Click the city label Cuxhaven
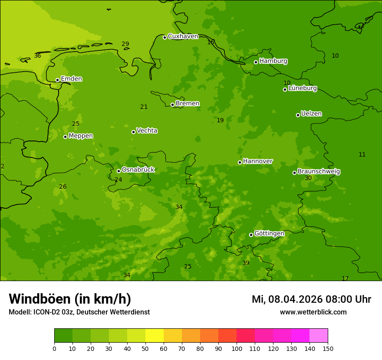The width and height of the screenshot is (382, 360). pos(183,36)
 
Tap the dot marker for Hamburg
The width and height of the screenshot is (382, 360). pos(256,62)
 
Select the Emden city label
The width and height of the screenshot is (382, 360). pos(71,79)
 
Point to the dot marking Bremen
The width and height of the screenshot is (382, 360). pos(172,105)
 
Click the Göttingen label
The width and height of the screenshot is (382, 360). pos(269,234)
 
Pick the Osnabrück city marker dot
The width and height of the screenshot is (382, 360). pos(119,171)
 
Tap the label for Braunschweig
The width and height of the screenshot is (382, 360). pos(319,172)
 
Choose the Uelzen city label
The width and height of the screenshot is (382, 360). pos(311,114)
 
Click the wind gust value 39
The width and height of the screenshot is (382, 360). pos(246,263)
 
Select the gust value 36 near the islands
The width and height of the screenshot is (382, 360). pos(37,56)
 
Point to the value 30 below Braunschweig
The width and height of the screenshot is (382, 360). pos(308,178)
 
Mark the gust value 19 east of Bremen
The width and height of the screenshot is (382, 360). pos(220,121)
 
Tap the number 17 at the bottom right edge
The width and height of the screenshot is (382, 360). pos(345,278)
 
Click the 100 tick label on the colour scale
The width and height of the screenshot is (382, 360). pos(237,348)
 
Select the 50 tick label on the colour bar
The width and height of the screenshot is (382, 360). pos(145,348)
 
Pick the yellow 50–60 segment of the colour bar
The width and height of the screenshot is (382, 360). pos(155,335)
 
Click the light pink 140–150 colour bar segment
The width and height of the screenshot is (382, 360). pos(319,335)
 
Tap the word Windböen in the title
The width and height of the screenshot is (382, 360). pos(39,299)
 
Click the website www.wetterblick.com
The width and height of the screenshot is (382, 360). pos(313,312)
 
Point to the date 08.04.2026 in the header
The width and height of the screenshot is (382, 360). pos(295,299)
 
